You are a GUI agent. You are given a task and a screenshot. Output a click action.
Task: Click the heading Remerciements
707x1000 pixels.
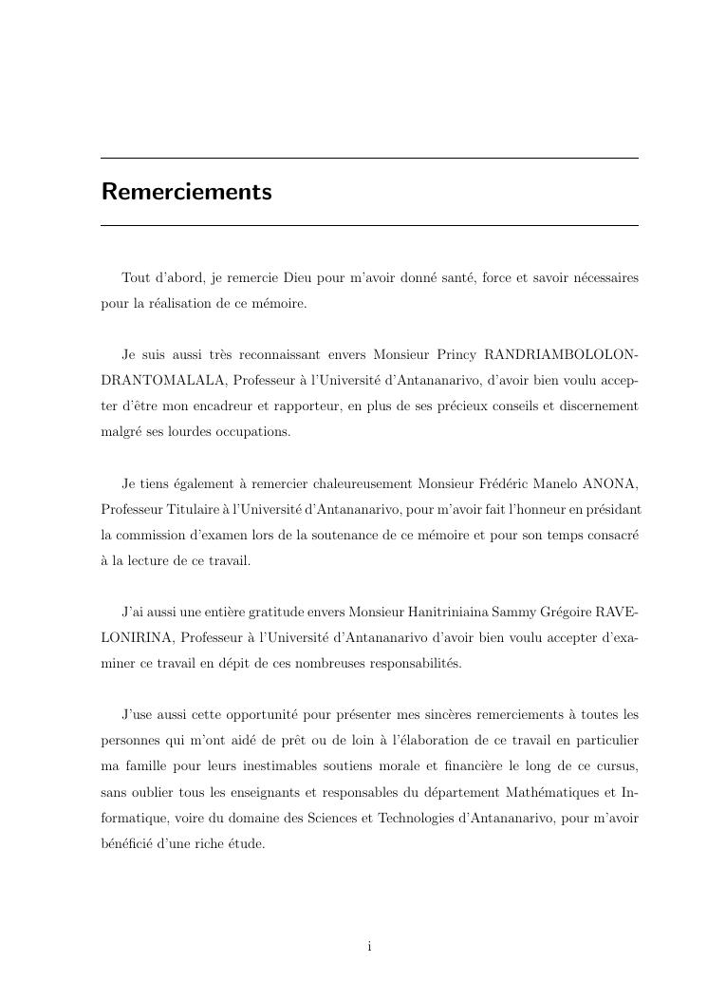pos(186,192)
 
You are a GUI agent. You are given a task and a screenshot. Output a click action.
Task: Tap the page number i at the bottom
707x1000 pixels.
pos(369,946)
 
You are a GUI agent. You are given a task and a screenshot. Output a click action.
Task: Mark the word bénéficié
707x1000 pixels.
pos(130,842)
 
